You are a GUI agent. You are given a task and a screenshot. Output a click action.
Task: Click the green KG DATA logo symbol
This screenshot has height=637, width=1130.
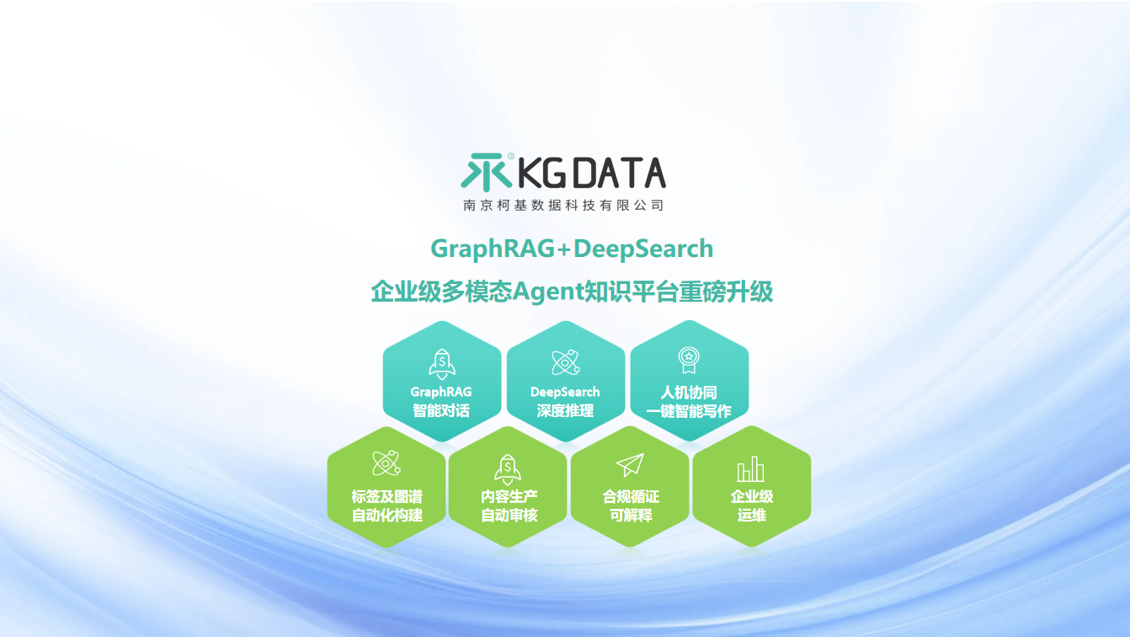point(486,172)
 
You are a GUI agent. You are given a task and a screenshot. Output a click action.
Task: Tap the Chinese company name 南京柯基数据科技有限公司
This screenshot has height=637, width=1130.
point(563,205)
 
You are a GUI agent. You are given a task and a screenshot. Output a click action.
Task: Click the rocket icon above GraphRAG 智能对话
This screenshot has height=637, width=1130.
point(441,363)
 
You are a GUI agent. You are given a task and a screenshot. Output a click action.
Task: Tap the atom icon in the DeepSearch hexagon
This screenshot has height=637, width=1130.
point(565,362)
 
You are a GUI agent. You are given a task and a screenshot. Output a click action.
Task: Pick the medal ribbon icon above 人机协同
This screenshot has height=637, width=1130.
point(689,361)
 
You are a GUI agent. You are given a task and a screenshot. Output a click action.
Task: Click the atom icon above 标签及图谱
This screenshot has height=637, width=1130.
point(386,463)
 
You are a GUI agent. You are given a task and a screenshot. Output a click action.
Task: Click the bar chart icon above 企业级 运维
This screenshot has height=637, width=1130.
point(751,468)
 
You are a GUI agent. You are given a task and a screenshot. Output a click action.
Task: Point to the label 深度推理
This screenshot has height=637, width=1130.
point(565,411)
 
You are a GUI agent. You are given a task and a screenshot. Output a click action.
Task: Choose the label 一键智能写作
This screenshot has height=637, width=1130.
point(689,411)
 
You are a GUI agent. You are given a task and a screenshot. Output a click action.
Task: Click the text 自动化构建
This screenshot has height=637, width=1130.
point(386,515)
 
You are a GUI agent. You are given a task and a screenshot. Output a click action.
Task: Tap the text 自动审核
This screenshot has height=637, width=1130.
point(509,515)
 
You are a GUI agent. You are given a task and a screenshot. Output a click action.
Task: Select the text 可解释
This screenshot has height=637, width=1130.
point(631,515)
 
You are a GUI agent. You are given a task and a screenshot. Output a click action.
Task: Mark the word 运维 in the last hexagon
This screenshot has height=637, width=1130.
point(752,515)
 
